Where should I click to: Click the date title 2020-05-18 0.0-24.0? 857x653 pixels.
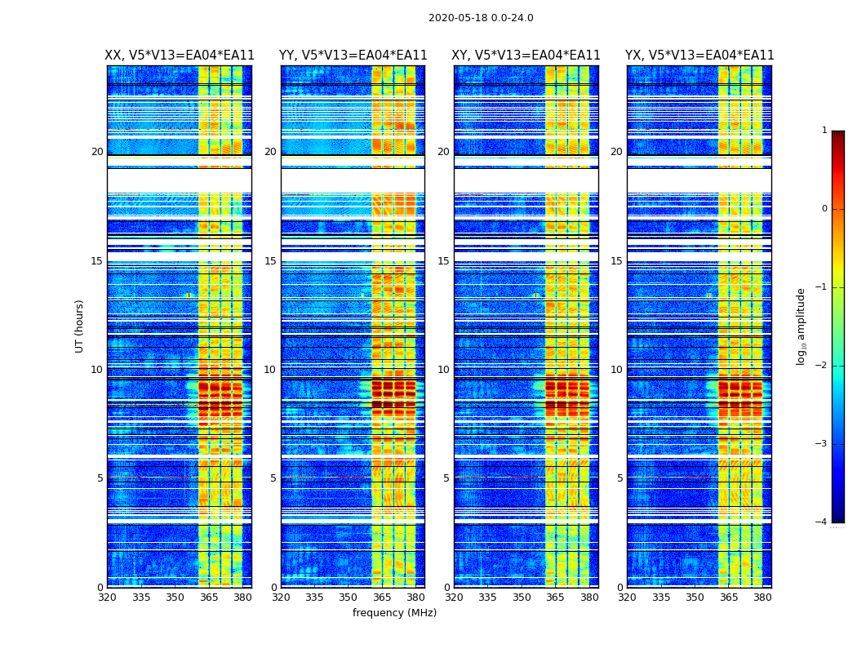point(481,18)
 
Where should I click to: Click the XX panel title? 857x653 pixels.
point(180,56)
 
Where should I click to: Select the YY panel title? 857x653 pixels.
point(353,56)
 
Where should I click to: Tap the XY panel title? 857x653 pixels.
point(526,56)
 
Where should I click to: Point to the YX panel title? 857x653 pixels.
point(699,56)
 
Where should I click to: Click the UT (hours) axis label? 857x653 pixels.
point(80,326)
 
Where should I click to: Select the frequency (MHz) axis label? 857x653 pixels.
point(394,613)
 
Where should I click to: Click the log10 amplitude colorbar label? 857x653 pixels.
point(801,326)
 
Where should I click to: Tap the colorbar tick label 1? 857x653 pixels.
point(824,131)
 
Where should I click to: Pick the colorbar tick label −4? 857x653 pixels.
point(822,522)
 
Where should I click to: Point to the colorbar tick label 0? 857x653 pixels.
point(824,209)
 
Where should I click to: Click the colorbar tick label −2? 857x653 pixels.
point(822,366)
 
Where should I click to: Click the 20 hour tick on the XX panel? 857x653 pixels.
point(97,152)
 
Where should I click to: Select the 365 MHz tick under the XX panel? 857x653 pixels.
point(209,597)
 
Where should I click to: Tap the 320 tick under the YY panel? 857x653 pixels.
point(281,597)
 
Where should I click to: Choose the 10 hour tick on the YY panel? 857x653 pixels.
point(270,370)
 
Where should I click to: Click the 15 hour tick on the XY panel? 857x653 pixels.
point(443,261)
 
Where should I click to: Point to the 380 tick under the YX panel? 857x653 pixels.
point(762,597)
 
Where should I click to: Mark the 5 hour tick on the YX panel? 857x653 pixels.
point(619,478)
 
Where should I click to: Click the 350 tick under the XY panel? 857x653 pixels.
point(522,597)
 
